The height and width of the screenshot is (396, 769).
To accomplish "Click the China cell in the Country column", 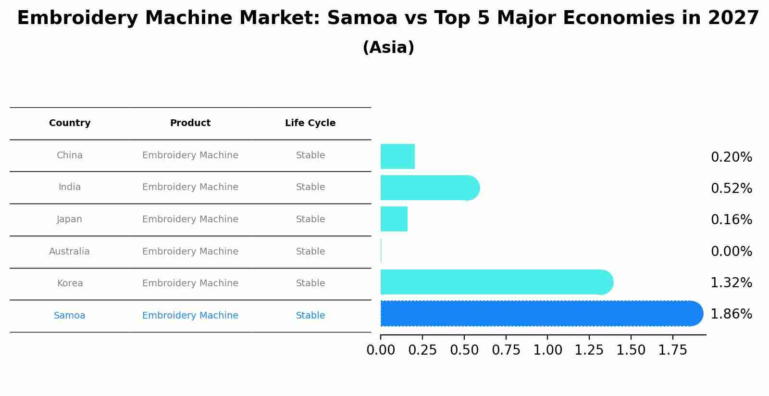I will (70, 155).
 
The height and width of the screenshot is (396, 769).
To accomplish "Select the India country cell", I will (70, 187).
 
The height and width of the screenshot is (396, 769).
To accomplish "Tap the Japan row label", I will (70, 219).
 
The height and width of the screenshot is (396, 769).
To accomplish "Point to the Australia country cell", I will (69, 252).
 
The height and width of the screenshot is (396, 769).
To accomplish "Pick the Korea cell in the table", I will (70, 283).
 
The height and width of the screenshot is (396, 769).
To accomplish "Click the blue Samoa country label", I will (70, 316).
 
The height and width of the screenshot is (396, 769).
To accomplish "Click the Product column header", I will (190, 123).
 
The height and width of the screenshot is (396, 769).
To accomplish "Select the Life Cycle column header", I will (310, 123).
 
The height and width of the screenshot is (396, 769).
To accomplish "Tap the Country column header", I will (70, 123).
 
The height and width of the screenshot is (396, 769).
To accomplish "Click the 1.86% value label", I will (731, 314).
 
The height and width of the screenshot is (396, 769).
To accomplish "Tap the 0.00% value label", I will (731, 252).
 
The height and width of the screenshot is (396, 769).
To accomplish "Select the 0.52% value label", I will (731, 189).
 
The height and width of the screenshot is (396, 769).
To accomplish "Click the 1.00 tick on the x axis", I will (547, 350).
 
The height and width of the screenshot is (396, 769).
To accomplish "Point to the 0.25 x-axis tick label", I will (422, 350).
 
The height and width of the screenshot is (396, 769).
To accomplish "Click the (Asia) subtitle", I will (388, 48).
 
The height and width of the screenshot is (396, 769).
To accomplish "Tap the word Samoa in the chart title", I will (362, 18).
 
